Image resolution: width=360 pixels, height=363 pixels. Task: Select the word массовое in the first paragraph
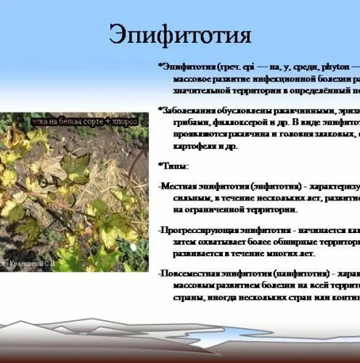tap(195, 78)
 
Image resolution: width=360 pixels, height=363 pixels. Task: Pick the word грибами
tap(191, 123)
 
